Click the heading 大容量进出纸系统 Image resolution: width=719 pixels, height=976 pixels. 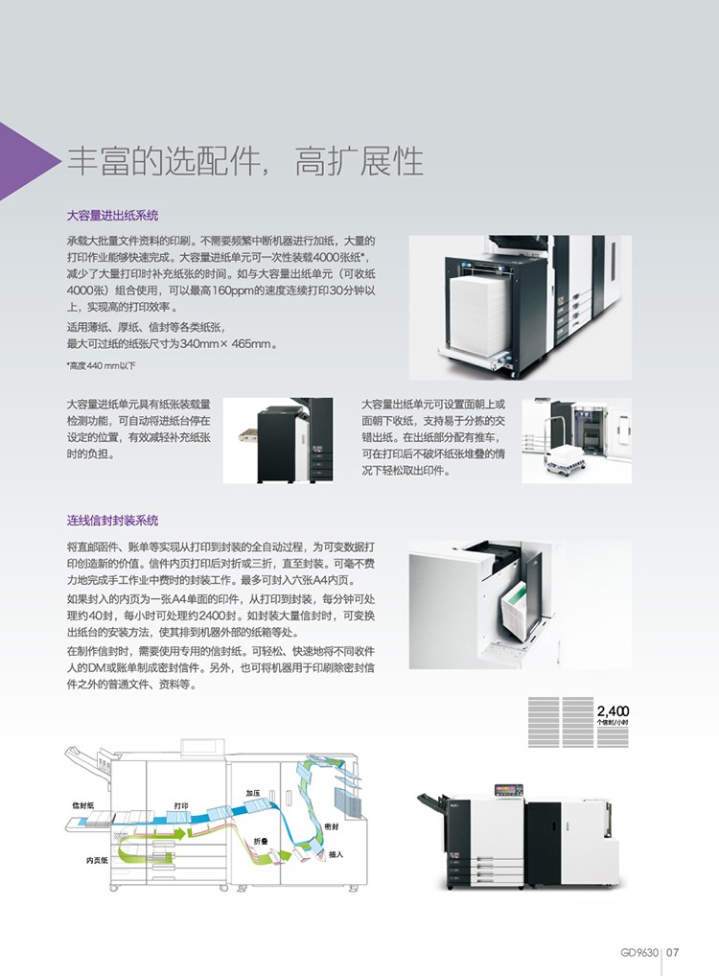coord(113,216)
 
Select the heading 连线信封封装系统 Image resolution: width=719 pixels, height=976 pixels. coord(113,521)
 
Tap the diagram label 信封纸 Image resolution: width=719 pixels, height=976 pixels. coord(82,804)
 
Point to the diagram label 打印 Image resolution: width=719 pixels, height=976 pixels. coord(181,805)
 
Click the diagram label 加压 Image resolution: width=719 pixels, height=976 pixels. coord(253,793)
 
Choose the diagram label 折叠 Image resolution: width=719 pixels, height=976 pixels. coord(261,841)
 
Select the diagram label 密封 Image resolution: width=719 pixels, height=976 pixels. coord(332,826)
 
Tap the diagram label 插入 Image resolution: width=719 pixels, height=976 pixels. coord(336,854)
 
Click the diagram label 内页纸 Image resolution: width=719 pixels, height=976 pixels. coord(97,860)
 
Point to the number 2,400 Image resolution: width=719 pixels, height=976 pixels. coord(613,710)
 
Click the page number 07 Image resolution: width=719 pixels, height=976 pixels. coord(672,952)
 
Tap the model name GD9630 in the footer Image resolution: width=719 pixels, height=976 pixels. coord(639,952)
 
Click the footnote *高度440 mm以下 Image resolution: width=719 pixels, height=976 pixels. coord(101,366)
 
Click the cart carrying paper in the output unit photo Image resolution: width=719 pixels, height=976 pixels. coord(564,455)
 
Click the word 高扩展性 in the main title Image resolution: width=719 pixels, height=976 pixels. coord(359,161)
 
